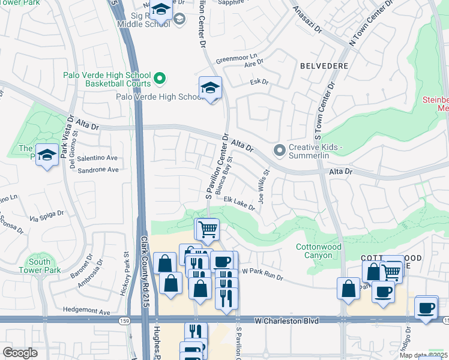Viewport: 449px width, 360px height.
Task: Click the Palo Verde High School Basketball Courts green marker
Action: [160, 78]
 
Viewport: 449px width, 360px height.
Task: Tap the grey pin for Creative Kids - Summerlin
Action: [279, 150]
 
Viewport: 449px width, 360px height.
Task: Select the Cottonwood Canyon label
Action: [319, 251]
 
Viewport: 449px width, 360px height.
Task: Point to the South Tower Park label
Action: [40, 266]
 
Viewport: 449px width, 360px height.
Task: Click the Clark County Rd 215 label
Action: [145, 271]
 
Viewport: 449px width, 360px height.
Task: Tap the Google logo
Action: [20, 352]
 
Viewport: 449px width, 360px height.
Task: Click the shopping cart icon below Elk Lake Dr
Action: [207, 229]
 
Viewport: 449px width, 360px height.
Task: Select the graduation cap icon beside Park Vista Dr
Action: [46, 156]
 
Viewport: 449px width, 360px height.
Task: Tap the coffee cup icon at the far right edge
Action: [426, 308]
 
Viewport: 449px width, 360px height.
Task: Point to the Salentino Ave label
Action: [98, 158]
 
